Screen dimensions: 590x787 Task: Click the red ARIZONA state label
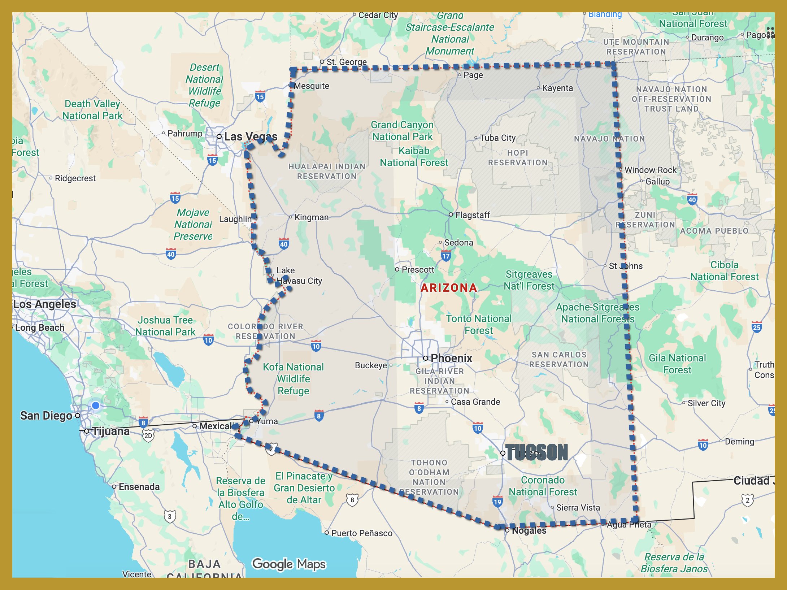449,287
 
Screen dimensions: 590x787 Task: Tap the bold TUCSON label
536,453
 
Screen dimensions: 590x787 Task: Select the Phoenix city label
451,358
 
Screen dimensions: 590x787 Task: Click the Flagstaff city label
472,215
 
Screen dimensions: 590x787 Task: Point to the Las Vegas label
251,136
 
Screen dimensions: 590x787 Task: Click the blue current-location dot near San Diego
96,405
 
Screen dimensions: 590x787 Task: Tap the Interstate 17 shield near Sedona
446,256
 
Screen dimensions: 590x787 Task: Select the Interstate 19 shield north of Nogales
497,502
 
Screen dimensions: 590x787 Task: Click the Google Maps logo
289,564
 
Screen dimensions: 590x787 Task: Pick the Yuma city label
267,421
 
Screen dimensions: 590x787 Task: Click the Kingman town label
311,217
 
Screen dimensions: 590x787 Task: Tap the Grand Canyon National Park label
402,131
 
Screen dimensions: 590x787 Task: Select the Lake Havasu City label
299,276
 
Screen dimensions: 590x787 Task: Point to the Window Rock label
650,170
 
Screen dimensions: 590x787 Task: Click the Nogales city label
529,530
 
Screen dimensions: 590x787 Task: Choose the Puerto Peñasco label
361,533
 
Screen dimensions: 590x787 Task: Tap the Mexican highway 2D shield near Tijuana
148,435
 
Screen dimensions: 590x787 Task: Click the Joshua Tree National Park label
165,326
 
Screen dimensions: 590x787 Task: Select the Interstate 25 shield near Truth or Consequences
757,327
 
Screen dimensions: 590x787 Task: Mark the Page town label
473,75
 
